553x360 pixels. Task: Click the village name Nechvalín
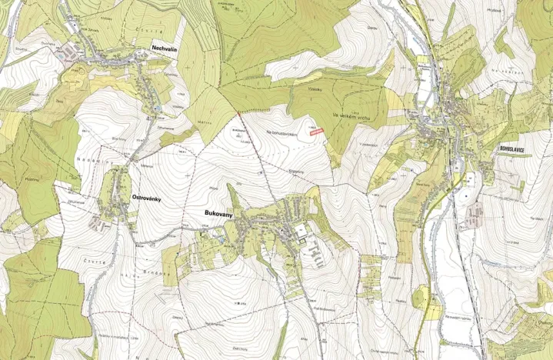coord(166,47)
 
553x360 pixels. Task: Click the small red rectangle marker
coord(315,132)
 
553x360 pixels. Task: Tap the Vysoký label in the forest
coord(315,89)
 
